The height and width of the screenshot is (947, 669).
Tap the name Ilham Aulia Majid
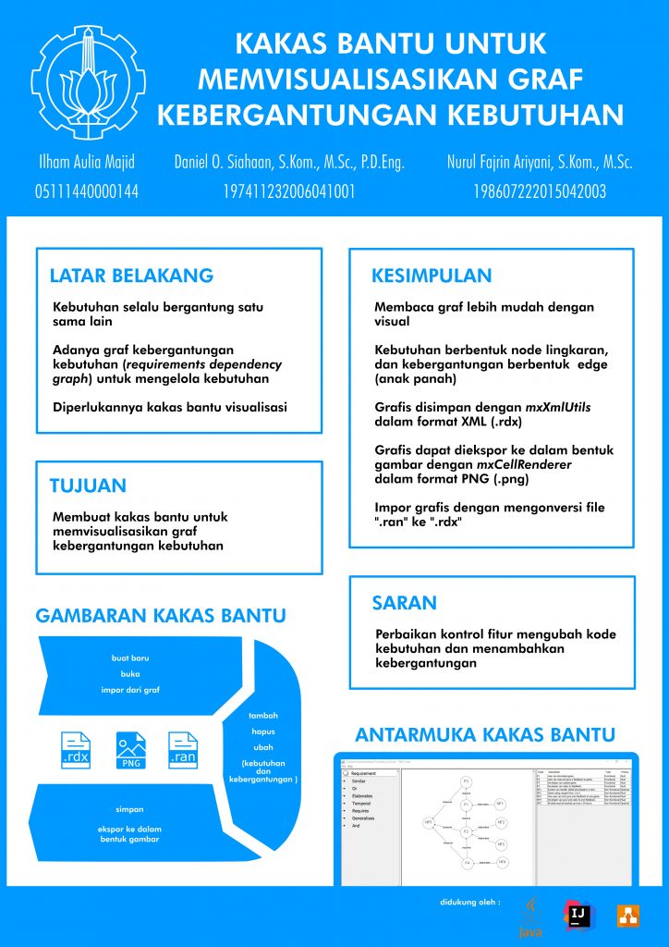click(85, 163)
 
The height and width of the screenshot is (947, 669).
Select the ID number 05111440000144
click(86, 192)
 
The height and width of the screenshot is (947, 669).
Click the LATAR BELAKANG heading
click(131, 276)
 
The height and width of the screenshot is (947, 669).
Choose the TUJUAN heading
click(88, 486)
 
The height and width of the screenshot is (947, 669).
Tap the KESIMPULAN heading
click(432, 276)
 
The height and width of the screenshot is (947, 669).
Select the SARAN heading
click(404, 603)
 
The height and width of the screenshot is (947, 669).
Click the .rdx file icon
click(76, 750)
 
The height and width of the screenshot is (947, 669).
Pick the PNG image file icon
click(130, 750)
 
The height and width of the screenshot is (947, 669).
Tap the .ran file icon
click(183, 750)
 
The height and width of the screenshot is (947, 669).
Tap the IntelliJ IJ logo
click(578, 915)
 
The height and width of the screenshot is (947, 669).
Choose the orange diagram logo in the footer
click(628, 915)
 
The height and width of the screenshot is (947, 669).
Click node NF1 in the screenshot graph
click(500, 804)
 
